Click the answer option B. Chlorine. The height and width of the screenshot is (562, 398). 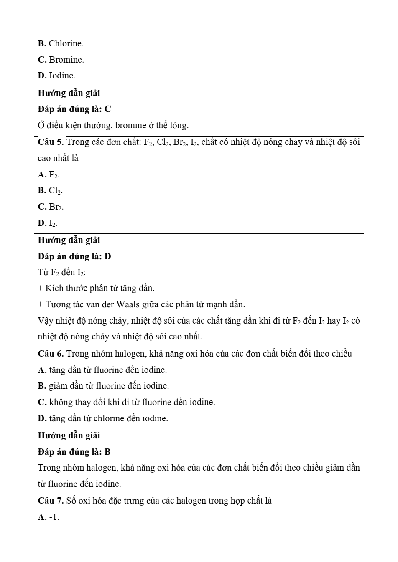coord(61,43)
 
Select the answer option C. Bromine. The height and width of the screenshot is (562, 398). coord(61,60)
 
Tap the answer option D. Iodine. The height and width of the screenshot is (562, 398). coord(57,76)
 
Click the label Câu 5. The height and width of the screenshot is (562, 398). coord(51,142)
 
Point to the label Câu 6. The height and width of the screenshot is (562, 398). coord(51,354)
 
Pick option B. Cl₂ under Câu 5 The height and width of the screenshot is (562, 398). coord(51,191)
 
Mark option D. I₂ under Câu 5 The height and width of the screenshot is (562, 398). coord(48,223)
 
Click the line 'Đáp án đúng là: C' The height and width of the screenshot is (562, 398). coord(74,109)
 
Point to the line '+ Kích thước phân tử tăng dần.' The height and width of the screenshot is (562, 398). coord(96,289)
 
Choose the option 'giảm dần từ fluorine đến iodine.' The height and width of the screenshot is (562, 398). coord(103,386)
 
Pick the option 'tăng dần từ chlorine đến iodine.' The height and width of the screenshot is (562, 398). coord(103,418)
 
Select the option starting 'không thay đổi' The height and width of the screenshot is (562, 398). coord(126,403)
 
